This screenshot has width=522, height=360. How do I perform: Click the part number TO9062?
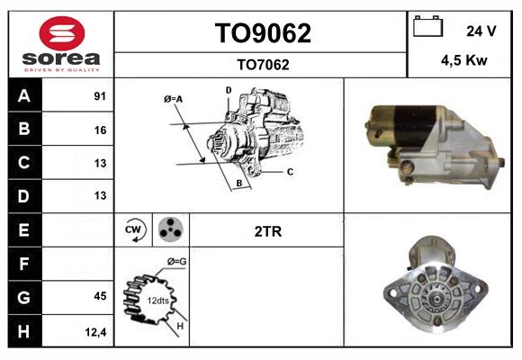262,33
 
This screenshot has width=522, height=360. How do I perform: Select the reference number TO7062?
262,64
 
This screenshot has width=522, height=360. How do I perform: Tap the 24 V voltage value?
481,31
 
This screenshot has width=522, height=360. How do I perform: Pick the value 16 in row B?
99,130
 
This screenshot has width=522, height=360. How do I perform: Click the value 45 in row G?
99,296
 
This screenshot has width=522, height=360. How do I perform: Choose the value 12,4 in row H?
96,330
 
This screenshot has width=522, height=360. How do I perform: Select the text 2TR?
268,231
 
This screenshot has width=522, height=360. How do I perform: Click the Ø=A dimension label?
174,99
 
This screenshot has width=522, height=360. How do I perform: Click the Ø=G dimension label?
176,262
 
